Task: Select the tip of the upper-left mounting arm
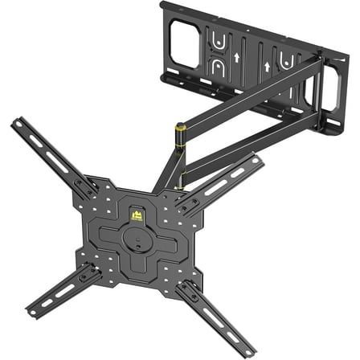coord(15,124)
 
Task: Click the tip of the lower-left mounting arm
coord(30,313)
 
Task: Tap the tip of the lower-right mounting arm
coord(250,351)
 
